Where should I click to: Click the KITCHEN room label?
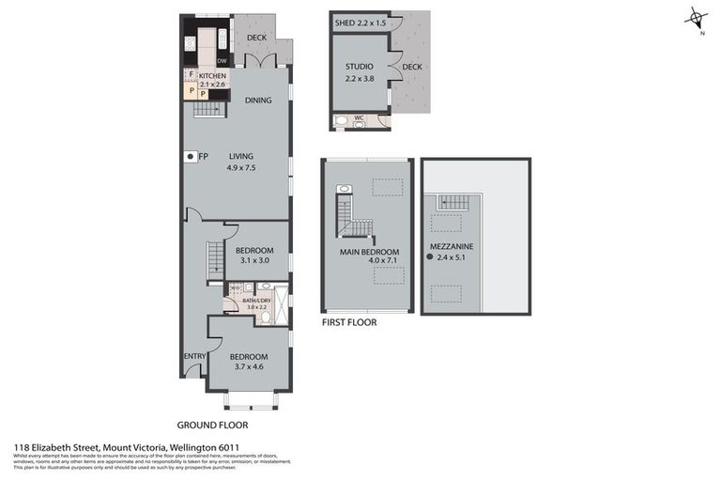click(212, 75)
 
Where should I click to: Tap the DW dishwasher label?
click(222, 61)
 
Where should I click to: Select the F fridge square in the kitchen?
click(191, 73)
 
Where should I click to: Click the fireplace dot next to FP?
click(190, 157)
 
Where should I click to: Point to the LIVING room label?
click(241, 157)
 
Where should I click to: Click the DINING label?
click(258, 101)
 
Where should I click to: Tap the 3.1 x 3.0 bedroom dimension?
click(253, 260)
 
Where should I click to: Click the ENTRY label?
click(194, 356)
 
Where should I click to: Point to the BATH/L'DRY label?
click(258, 299)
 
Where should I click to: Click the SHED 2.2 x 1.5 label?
click(359, 22)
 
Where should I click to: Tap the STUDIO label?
click(360, 67)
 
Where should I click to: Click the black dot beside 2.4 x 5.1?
click(431, 256)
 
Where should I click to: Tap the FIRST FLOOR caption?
click(349, 322)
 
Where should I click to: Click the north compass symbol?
click(696, 18)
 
